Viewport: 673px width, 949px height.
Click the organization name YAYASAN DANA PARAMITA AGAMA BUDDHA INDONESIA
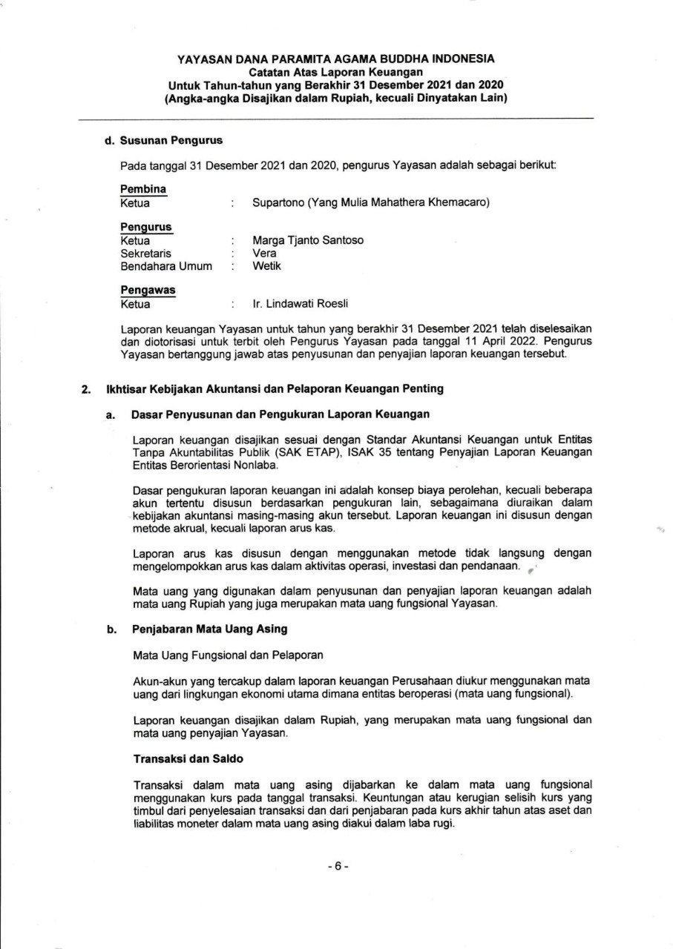coord(335,59)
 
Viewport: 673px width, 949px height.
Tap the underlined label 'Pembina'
coord(142,189)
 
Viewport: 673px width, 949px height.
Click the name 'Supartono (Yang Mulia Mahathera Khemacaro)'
coord(371,202)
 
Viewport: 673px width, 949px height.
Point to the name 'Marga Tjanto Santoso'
coord(308,240)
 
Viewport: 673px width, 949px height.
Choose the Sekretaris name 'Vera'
coord(264,253)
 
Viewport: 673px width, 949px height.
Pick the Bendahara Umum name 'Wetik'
coord(267,265)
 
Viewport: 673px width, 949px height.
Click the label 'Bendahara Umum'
coord(166,265)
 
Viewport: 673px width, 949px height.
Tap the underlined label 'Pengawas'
coord(148,290)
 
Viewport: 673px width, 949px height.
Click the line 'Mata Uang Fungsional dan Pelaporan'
coord(228,655)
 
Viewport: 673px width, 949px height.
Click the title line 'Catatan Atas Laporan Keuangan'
coord(335,71)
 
